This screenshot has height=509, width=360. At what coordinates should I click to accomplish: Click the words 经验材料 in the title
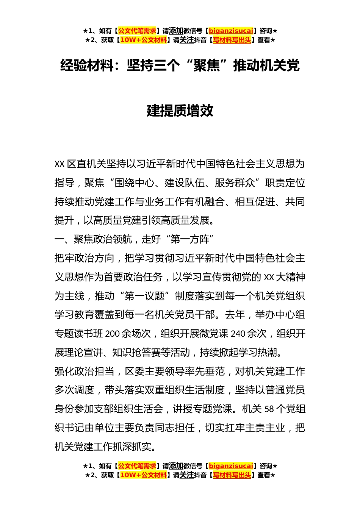(87, 66)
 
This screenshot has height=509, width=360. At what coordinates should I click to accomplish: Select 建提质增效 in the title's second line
(180, 111)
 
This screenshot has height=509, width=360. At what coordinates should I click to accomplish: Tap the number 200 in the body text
(113, 334)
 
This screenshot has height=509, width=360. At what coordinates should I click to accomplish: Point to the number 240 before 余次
(238, 334)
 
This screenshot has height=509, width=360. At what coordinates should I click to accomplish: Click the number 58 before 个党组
(269, 409)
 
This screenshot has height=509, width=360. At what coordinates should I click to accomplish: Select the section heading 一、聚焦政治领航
(93, 239)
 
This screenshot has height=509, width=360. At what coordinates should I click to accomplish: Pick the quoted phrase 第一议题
(144, 296)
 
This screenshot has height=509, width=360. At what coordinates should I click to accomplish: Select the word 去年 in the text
(235, 315)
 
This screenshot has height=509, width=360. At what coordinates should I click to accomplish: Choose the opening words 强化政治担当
(84, 372)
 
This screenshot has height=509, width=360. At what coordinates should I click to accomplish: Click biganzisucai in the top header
(231, 31)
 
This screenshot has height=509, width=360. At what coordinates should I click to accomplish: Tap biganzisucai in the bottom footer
(231, 466)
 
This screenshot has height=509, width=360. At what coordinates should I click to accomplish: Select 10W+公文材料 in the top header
(143, 40)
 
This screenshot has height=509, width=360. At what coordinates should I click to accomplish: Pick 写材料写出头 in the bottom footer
(232, 475)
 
